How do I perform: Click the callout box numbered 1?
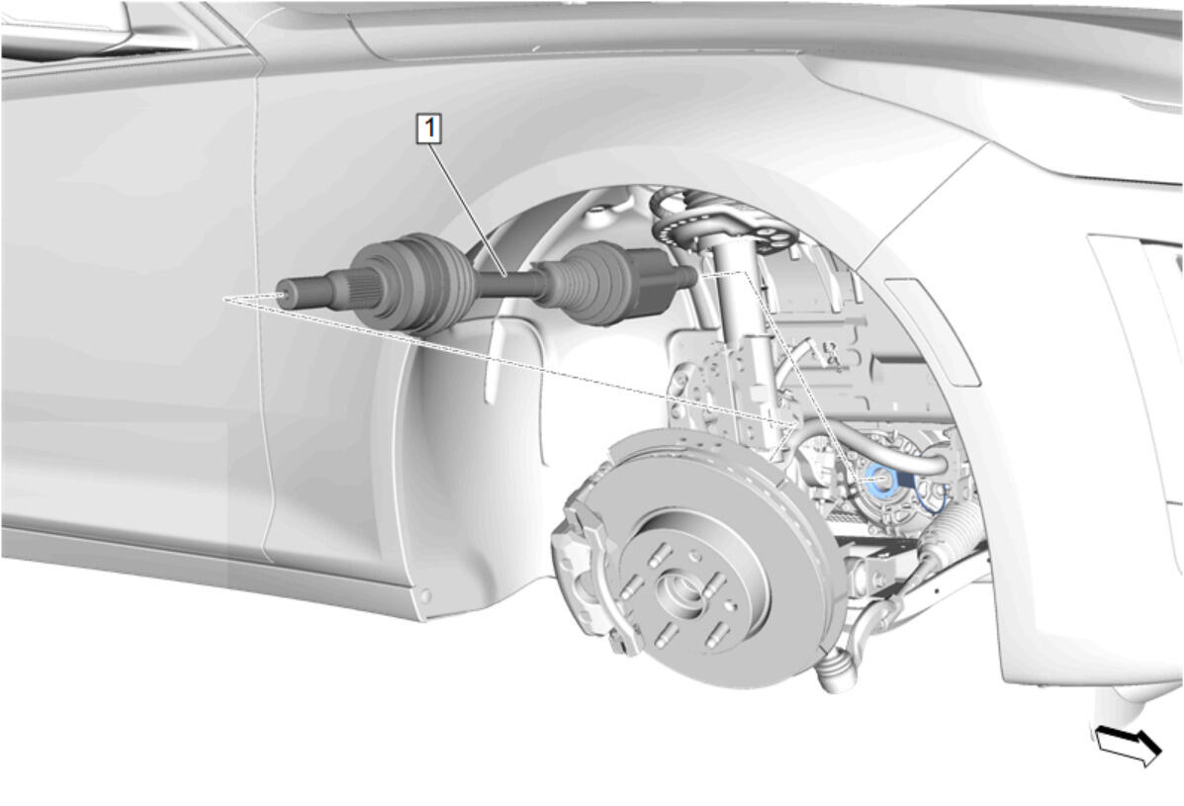[429, 129]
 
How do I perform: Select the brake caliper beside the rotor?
[586, 559]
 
